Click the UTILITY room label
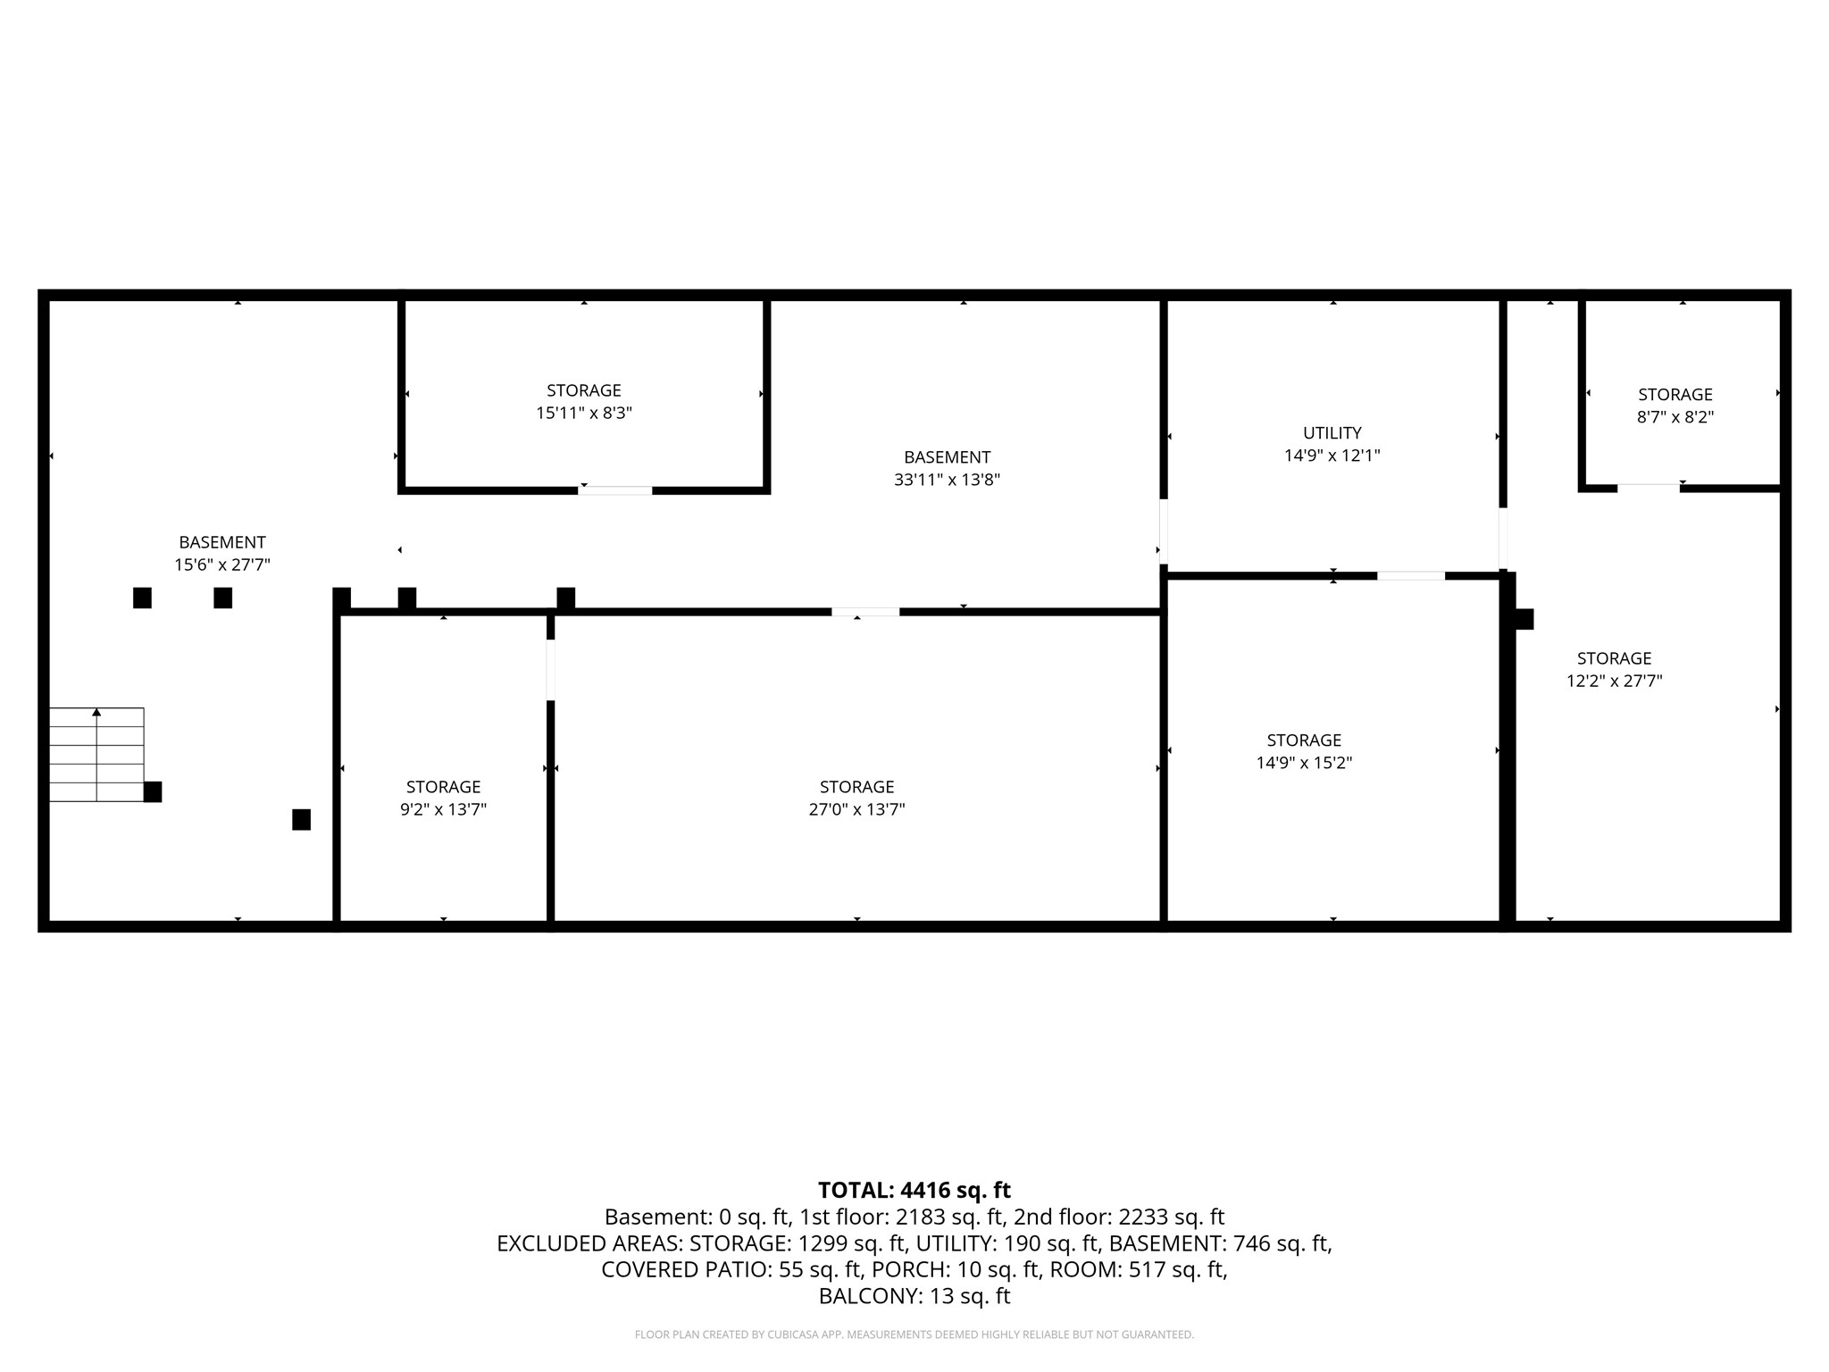[1332, 433]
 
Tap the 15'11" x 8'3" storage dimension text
[584, 413]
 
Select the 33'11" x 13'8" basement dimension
[947, 480]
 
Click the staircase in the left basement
[96, 755]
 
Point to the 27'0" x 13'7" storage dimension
[856, 809]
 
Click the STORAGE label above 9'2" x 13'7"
[443, 787]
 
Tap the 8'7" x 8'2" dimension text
[1674, 417]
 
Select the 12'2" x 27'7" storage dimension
[1614, 681]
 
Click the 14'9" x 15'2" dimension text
[1304, 763]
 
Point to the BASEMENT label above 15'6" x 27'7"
[222, 542]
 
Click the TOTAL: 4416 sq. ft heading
[914, 1190]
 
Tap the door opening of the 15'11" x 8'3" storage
[615, 490]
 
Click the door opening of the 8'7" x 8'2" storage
[1649, 489]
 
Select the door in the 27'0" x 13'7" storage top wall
[865, 612]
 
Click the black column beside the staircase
[153, 791]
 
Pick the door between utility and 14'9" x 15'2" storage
[1411, 576]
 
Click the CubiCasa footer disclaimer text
[914, 1334]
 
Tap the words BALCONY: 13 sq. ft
[914, 1296]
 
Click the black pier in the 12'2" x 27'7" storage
[1524, 619]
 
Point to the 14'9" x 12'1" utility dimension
[1332, 456]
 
